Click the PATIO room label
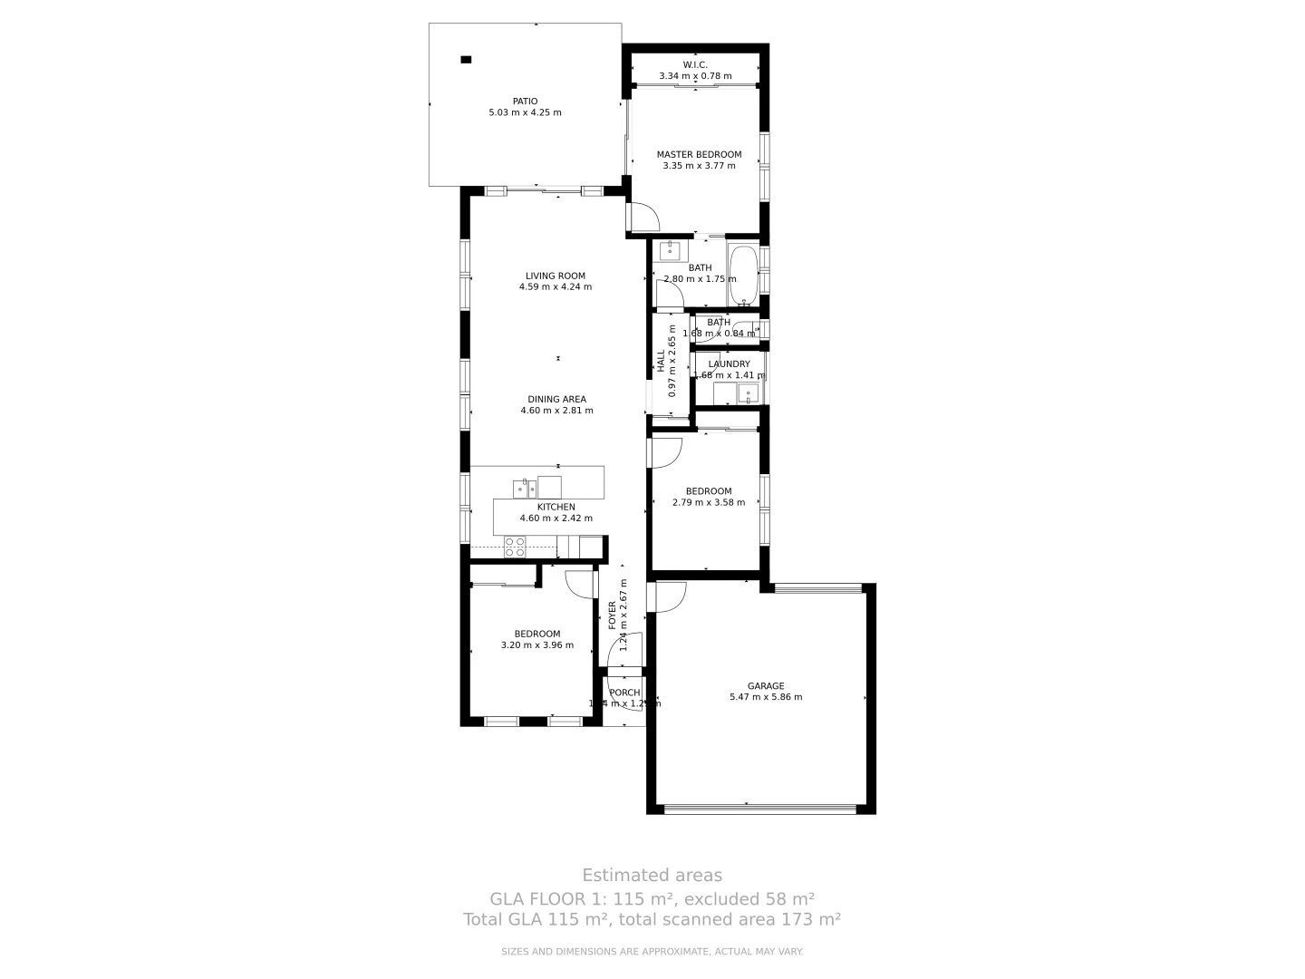click(x=525, y=102)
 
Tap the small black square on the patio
click(x=466, y=60)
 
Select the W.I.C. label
click(x=695, y=64)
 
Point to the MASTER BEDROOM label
click(x=699, y=155)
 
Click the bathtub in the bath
click(x=744, y=275)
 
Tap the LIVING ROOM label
click(x=556, y=276)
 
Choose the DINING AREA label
click(x=556, y=399)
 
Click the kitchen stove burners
click(x=515, y=547)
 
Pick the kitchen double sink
click(x=525, y=489)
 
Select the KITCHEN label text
click(x=556, y=507)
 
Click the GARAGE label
click(x=766, y=686)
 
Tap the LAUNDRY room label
click(x=729, y=364)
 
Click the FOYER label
click(x=613, y=615)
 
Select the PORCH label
click(x=624, y=693)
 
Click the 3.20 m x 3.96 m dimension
click(x=537, y=645)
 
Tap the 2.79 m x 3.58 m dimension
click(x=709, y=502)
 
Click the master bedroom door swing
click(x=643, y=218)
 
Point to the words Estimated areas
click(x=652, y=875)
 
